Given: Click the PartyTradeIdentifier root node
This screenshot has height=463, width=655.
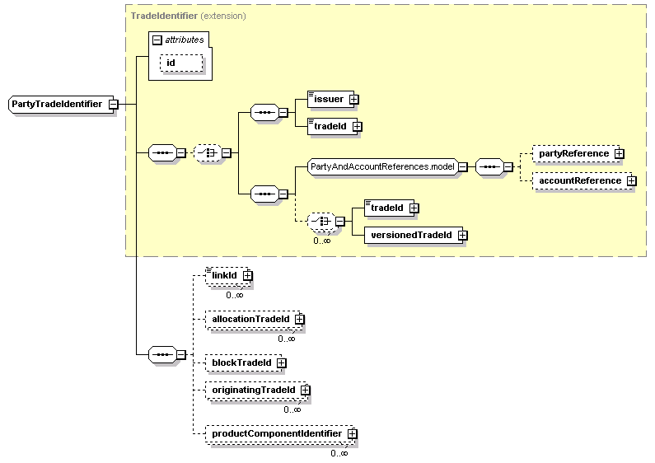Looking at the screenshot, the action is pos(61,104).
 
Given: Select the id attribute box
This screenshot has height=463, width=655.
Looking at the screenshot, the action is pos(181,63).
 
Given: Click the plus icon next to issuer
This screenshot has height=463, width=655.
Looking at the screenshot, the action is pos(353,100).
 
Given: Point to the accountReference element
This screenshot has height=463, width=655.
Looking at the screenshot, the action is pos(582,181).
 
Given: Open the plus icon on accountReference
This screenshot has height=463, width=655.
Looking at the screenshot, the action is pos(632,181).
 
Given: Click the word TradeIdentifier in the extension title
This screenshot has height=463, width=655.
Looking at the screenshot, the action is pos(164,16).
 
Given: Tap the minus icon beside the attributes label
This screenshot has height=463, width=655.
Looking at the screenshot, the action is pos(157,40).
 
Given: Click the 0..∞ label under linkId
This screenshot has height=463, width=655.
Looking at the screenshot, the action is pos(235,295).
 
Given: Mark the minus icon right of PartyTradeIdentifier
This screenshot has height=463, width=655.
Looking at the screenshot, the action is pos(113,104).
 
